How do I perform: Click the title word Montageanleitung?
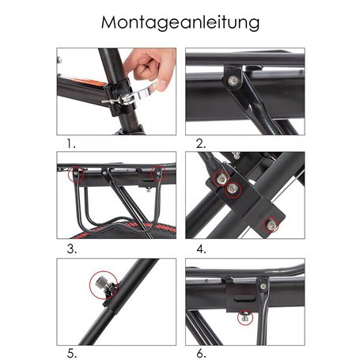180,22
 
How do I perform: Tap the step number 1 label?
71,144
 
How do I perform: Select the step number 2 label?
201,144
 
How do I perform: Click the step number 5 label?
72,353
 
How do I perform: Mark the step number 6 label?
201,353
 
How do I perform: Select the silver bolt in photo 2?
233,79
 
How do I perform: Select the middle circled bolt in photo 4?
231,190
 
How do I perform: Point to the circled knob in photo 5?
100,283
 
